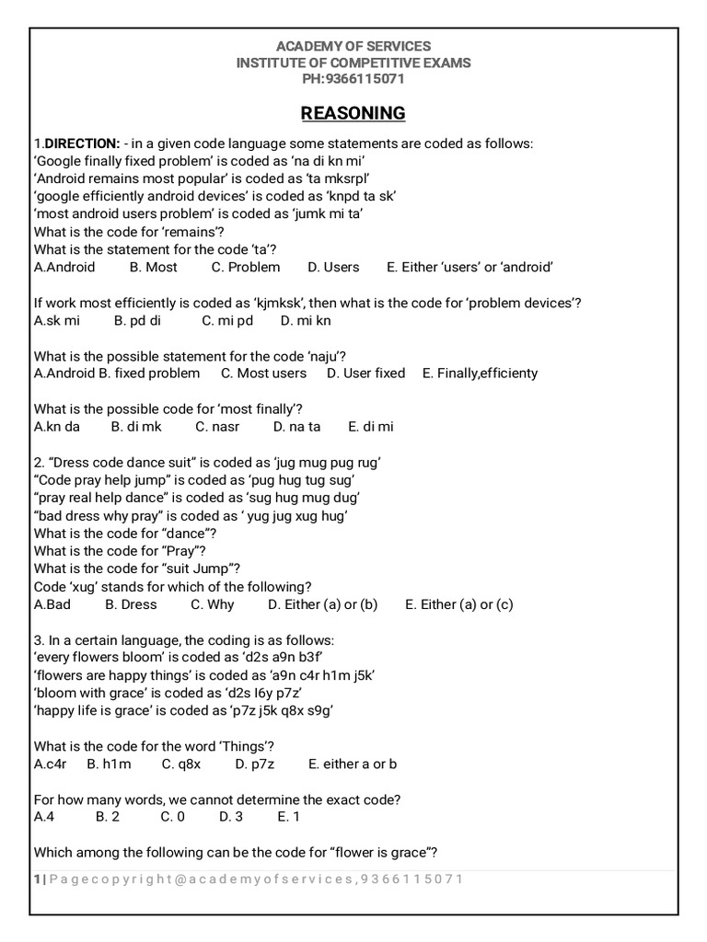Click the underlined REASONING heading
coord(353,113)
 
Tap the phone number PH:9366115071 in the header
coord(353,79)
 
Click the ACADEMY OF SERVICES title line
coord(353,46)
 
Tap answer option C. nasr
coord(217,426)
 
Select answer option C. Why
coord(213,604)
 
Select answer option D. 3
coord(231,816)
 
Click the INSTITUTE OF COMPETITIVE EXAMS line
coord(353,63)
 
